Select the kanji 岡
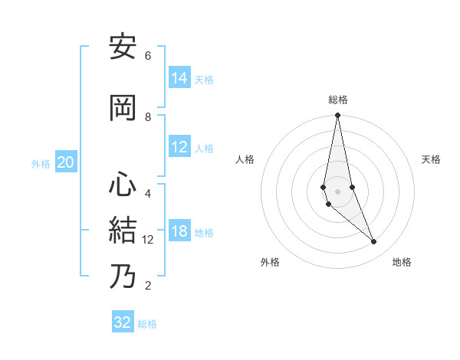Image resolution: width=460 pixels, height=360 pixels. click(123, 108)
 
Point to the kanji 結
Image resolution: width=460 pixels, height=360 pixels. click(123, 231)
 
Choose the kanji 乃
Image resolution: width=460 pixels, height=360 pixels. click(123, 277)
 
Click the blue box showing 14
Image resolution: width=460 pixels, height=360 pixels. click(179, 77)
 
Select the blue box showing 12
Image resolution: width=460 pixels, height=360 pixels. click(179, 148)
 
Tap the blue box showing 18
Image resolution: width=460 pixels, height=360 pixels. click(179, 232)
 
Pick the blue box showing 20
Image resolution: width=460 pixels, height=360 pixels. click(66, 162)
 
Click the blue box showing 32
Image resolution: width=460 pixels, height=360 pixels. click(123, 322)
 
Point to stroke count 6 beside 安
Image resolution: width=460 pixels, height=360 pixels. click(148, 56)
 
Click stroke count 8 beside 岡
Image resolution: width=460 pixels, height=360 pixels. click(148, 116)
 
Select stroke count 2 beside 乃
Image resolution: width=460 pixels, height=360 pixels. click(148, 286)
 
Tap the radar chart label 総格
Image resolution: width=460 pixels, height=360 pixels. click(337, 100)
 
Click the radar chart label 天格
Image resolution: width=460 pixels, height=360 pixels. click(431, 159)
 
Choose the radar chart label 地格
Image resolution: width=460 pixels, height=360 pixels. click(402, 262)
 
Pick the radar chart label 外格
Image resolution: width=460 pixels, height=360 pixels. click(270, 262)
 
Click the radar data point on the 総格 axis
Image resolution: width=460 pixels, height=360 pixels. click(337, 116)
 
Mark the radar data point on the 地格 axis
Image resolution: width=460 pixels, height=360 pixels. click(374, 242)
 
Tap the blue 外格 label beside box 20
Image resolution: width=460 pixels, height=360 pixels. click(40, 163)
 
